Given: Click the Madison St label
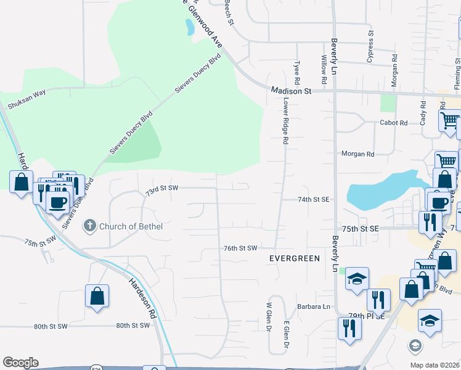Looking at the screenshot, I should point(292,91).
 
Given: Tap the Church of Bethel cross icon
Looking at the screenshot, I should point(90,226).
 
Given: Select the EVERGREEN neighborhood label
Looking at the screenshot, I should point(295,258).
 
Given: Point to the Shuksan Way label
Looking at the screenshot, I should point(27,99).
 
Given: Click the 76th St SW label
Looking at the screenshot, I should point(240,248).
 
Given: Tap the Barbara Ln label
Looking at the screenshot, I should point(314,306).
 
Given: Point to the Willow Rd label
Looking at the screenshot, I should point(324,70).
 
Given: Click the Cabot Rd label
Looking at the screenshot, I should point(394,123).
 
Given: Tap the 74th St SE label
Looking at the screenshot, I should point(314,199).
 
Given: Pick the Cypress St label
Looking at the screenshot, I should point(371,47).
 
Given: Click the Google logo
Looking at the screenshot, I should point(20,363).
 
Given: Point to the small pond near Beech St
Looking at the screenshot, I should point(189,27).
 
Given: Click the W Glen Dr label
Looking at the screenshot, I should point(269,316).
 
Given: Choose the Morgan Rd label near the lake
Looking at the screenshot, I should point(357,154).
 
